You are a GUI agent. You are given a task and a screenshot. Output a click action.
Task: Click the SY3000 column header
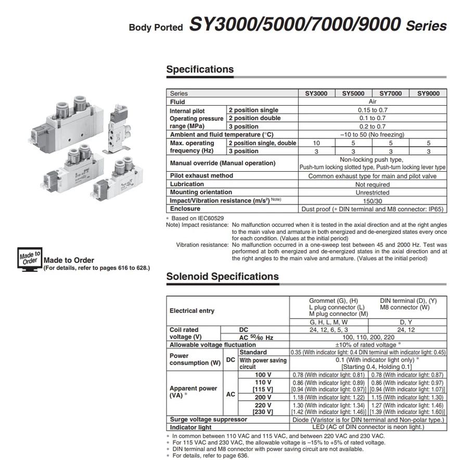tap(316, 94)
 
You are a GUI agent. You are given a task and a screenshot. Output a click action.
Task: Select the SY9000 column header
tap(428, 94)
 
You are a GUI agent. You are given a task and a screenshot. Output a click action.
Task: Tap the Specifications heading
tap(200, 69)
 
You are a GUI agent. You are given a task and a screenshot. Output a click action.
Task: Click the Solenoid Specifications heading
tap(222, 276)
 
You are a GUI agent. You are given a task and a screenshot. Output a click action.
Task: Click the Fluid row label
tap(177, 102)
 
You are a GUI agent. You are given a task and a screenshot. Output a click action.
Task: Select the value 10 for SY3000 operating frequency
tap(316, 143)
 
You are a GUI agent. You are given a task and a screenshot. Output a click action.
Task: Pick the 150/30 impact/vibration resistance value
tap(372, 200)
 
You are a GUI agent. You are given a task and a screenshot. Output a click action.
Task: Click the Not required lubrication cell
tap(372, 184)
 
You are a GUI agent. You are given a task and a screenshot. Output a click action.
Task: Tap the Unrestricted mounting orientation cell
tap(372, 193)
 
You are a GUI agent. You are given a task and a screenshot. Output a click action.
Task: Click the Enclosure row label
tap(185, 209)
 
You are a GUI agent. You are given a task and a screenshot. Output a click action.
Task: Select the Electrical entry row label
tap(191, 311)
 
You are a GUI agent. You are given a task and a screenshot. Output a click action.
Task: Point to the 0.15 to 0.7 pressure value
tap(372, 110)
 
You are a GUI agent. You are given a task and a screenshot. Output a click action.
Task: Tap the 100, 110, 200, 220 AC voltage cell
tap(368, 337)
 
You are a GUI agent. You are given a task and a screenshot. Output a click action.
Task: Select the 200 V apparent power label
tap(263, 397)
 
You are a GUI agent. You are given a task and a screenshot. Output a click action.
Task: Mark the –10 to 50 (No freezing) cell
tap(372, 134)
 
